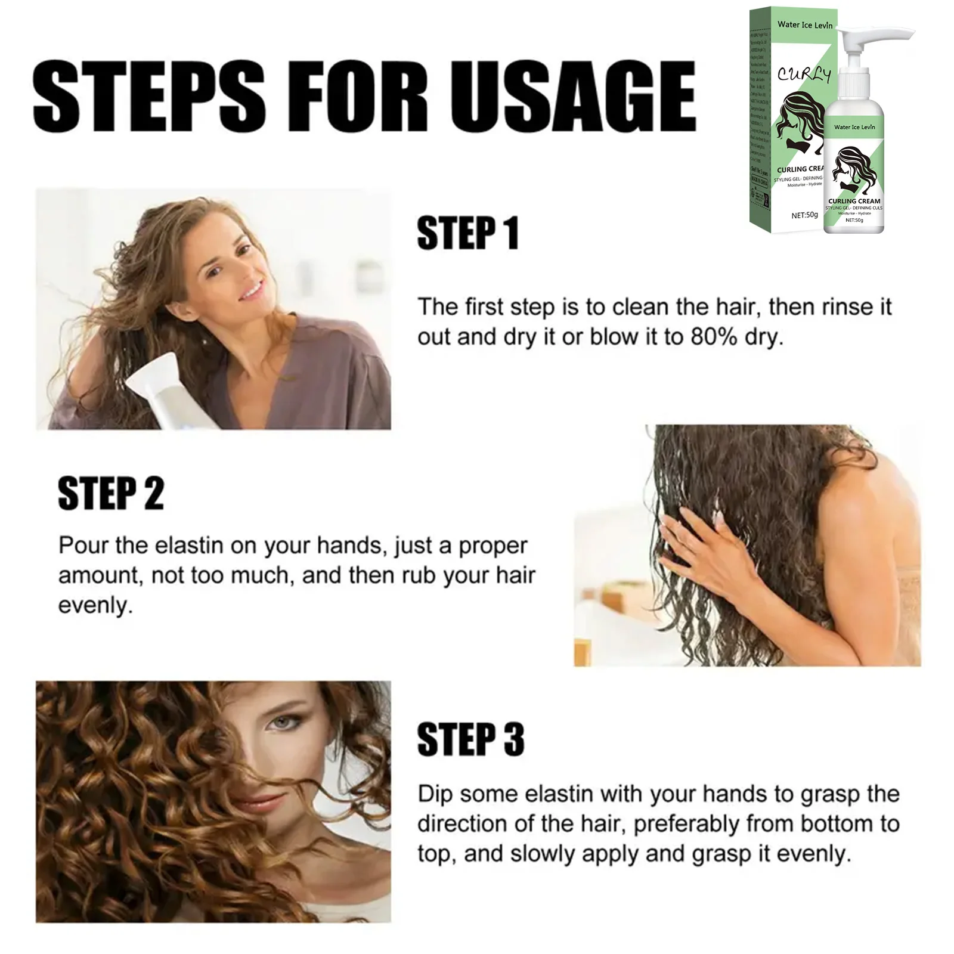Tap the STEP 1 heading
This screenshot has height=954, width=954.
[467, 233]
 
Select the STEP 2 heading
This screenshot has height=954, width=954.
[110, 493]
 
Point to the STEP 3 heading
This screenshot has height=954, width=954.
[470, 739]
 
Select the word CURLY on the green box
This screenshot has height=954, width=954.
[803, 75]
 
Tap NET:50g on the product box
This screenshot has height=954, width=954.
[804, 215]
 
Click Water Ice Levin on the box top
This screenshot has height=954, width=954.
[804, 24]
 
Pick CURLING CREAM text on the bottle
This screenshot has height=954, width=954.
[854, 201]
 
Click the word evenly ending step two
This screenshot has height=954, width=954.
[95, 605]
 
